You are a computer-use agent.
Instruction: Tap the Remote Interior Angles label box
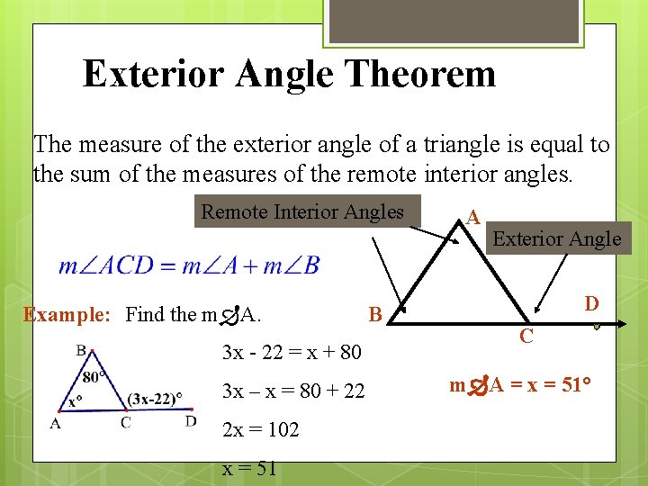[x=303, y=212]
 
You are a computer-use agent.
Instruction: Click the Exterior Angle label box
[x=556, y=238]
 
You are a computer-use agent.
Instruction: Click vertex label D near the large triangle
[x=591, y=303]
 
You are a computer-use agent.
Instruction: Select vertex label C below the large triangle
[x=527, y=337]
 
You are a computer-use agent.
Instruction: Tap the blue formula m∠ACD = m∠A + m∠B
[x=189, y=265]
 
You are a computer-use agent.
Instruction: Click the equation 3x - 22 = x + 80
[x=292, y=351]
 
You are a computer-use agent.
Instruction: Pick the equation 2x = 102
[x=260, y=429]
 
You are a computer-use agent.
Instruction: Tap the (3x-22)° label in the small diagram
[x=155, y=397]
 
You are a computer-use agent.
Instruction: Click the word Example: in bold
[x=67, y=315]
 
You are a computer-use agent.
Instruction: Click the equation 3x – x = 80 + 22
[x=293, y=391]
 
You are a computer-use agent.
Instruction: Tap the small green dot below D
[x=595, y=328]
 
